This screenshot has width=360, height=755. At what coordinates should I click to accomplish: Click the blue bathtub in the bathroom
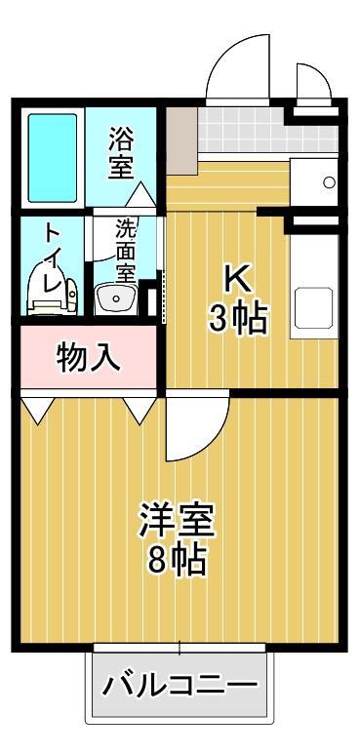(51, 155)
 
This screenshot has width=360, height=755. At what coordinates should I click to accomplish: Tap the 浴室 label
(122, 152)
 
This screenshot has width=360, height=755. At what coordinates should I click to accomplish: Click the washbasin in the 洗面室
(116, 297)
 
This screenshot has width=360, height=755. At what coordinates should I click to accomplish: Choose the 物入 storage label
(89, 358)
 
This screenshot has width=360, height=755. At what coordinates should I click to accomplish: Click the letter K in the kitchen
(238, 280)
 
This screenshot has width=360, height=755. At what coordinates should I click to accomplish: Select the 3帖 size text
(237, 318)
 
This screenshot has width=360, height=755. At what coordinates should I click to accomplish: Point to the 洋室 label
(177, 519)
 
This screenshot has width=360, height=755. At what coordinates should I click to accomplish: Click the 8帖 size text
(177, 560)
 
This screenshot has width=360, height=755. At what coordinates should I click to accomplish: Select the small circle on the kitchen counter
(329, 181)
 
